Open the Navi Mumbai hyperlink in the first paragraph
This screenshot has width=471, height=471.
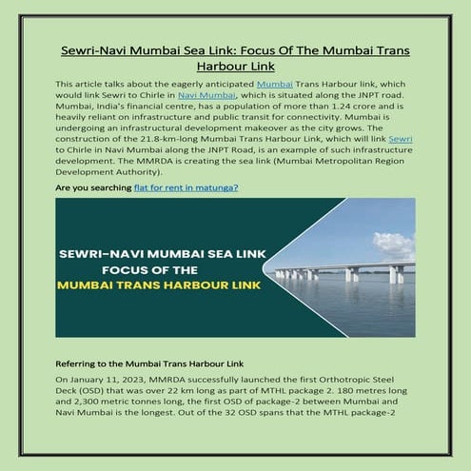[x=205, y=97]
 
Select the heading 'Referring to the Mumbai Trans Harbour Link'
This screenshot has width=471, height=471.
[x=149, y=363]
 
